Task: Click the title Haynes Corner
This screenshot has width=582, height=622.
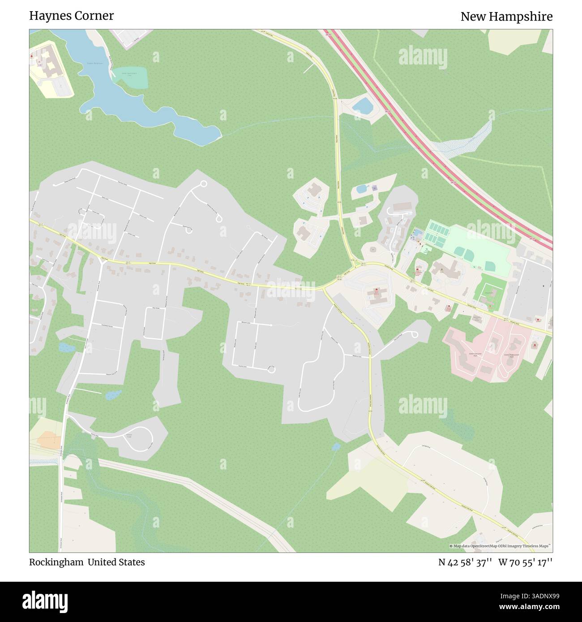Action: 71,16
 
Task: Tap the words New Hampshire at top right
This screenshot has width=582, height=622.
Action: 506,17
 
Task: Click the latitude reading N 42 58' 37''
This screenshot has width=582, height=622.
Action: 465,562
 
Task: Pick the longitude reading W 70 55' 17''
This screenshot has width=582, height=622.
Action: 525,562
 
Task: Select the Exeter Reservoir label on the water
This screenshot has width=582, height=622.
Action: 95,63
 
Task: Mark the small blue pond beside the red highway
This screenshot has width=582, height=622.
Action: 362,106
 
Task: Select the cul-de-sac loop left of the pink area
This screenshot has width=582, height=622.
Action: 414,335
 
